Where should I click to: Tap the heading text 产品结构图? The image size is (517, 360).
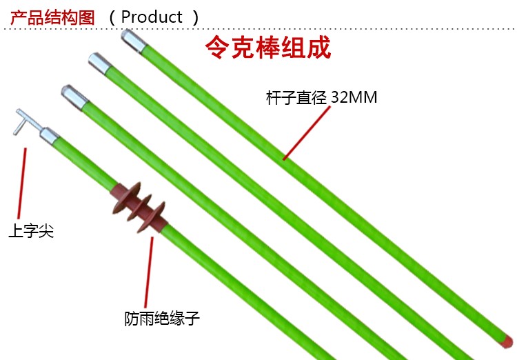[52, 17]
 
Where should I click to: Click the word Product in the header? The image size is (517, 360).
[152, 17]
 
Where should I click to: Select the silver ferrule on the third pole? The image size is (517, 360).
[74, 97]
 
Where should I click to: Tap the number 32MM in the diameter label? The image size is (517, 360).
[354, 97]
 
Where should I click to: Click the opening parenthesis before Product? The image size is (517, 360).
[112, 17]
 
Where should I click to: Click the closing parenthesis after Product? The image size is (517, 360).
[196, 17]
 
